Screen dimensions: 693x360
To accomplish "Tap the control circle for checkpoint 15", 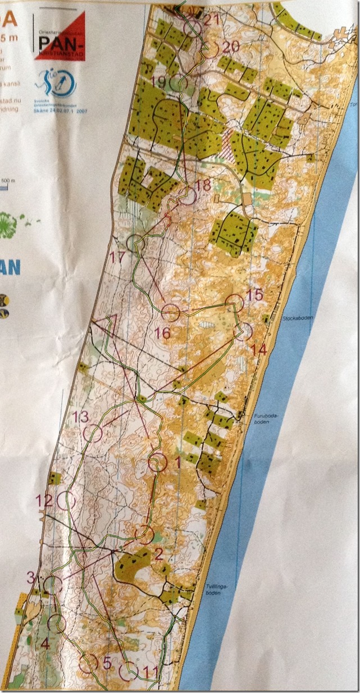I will [235, 303].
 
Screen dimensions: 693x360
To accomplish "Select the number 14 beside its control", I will [259, 349].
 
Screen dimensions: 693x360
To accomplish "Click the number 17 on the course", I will [117, 258].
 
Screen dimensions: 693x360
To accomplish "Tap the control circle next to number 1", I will [158, 463].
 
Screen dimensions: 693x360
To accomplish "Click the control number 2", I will [158, 554].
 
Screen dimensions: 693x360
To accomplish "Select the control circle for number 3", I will [53, 583].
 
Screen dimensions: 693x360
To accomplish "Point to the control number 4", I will [45, 645].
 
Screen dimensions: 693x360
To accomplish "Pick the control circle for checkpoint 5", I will [89, 663].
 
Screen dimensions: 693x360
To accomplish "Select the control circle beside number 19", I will [178, 84].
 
